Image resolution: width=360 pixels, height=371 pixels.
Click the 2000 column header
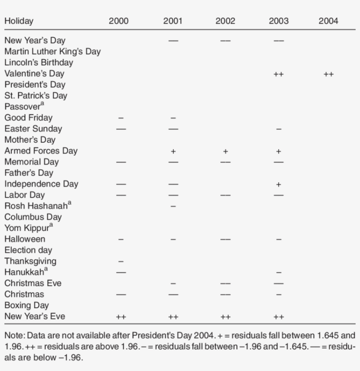[x=119, y=21]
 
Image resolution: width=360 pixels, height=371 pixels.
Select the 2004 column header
[x=328, y=21]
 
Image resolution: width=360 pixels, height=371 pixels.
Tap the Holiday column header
[x=19, y=21]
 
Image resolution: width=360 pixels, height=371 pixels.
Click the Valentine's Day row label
[x=34, y=74]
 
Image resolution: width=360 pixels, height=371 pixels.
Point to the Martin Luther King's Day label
[x=53, y=52]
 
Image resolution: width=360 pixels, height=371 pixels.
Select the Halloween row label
[x=25, y=239]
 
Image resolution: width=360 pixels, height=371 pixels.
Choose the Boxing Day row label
[x=26, y=305]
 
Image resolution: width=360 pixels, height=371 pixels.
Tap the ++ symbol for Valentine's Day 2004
[x=328, y=75]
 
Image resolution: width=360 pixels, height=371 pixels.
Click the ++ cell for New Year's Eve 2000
[x=121, y=317]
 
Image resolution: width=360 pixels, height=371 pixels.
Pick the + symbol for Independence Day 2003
[x=278, y=185]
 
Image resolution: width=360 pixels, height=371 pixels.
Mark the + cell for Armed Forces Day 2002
[x=225, y=151]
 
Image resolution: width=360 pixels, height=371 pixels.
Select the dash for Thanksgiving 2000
[x=121, y=262]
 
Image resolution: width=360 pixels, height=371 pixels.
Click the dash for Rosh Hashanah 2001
[x=173, y=206]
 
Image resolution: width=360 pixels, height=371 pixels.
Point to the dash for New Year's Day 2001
[x=173, y=41]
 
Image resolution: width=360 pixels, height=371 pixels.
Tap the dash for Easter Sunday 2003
[x=278, y=130]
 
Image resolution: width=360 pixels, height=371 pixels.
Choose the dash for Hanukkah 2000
[x=121, y=273]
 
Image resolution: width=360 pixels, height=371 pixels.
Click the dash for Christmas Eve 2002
[x=225, y=284]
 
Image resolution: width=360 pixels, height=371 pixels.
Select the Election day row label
[x=28, y=250]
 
